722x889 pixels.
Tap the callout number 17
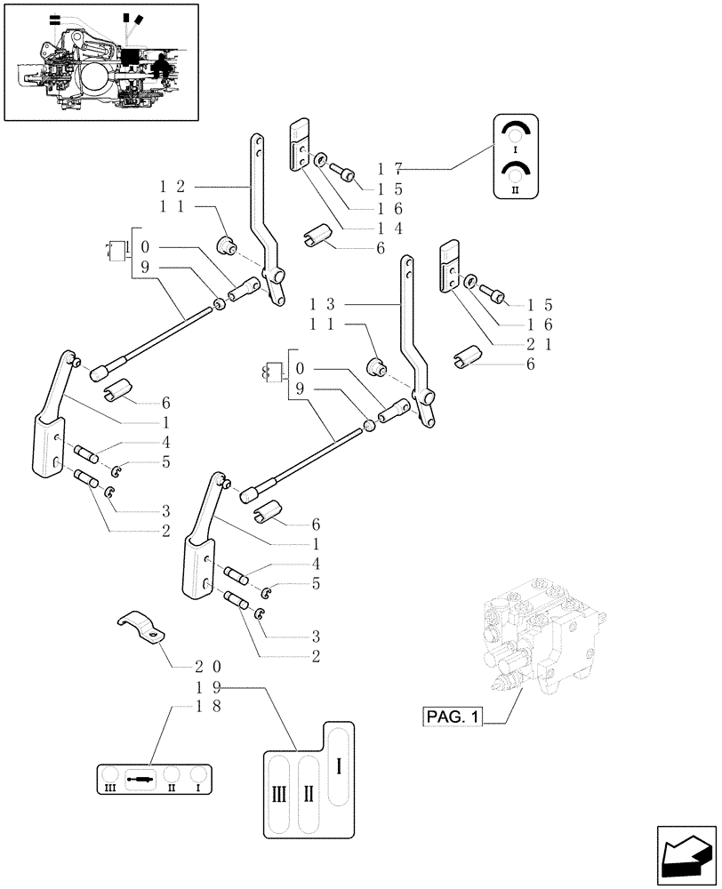[x=390, y=168]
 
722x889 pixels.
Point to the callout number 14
[x=390, y=229]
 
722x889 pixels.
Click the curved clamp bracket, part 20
[x=144, y=628]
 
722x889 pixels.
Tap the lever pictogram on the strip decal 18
[x=140, y=779]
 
